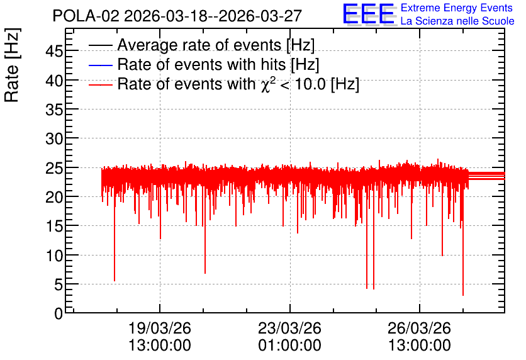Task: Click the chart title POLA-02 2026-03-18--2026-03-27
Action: pos(177,16)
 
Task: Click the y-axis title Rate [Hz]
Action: pos(12,65)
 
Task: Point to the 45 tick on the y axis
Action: pos(54,52)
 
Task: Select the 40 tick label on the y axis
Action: pos(54,81)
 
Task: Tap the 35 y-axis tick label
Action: pos(54,110)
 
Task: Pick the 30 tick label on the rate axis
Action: pos(54,138)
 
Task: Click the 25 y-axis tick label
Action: pos(54,168)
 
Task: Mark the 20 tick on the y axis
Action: pos(54,197)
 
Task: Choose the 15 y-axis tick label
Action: pos(54,227)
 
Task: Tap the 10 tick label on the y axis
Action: pos(54,256)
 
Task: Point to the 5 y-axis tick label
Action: pos(59,285)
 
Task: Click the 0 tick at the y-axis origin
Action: pos(59,313)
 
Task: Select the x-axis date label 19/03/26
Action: pos(160,328)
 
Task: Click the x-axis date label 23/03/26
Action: pos(289,328)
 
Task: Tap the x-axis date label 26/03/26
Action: pos(419,328)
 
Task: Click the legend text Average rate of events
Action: pos(199,45)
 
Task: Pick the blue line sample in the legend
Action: pos(100,65)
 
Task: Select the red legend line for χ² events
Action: pos(100,85)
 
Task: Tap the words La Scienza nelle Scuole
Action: pos(457,21)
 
